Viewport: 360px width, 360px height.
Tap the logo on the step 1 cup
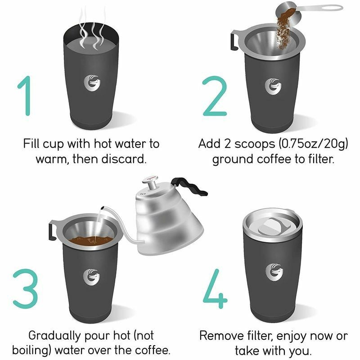point(92,83)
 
